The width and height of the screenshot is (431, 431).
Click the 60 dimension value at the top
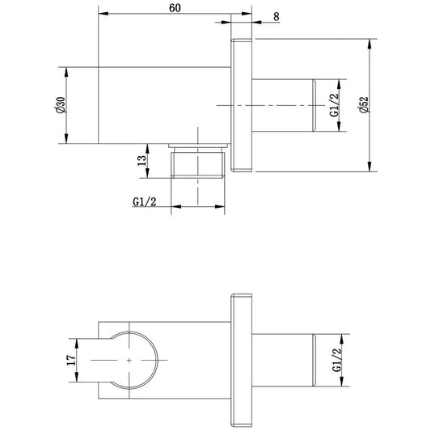click(x=175, y=8)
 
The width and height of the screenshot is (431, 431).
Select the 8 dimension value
click(x=277, y=17)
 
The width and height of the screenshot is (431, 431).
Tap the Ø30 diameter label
click(x=60, y=105)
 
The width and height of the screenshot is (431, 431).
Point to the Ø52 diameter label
click(x=363, y=104)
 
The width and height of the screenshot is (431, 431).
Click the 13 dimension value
click(x=142, y=161)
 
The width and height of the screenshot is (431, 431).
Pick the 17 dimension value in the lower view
click(x=71, y=360)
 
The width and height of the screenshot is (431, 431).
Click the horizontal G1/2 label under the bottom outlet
click(x=144, y=202)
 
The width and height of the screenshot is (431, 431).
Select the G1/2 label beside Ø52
click(x=334, y=105)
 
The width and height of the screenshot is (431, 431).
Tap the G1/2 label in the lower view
click(x=336, y=360)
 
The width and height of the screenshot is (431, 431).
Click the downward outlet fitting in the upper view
click(x=198, y=161)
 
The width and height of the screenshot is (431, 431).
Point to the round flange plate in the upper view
click(x=241, y=105)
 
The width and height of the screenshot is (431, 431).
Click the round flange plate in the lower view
click(x=241, y=360)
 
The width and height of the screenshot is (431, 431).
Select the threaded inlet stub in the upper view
click(x=284, y=106)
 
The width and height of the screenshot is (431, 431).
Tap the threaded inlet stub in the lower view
click(x=284, y=360)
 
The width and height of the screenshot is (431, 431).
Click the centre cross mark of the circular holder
click(x=129, y=360)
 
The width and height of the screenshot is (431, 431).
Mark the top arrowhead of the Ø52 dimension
click(x=370, y=44)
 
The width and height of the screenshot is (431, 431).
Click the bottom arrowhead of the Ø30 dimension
click(x=66, y=138)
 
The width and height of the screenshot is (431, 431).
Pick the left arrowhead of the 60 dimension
click(x=104, y=14)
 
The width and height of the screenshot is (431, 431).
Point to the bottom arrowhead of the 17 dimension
click(x=77, y=377)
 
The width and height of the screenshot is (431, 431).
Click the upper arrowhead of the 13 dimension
click(x=147, y=149)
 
